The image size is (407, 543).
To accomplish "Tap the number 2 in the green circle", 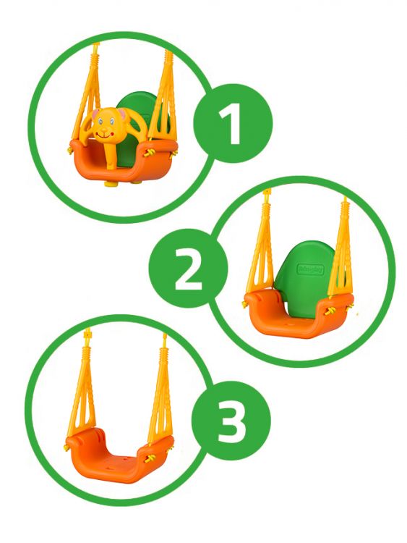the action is [x=189, y=269].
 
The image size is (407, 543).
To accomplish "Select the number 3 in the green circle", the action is [x=231, y=421].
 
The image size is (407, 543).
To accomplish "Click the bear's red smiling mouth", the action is [x=103, y=133].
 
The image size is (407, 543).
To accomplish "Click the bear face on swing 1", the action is [x=106, y=125].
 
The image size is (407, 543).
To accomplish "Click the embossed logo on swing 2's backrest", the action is [x=311, y=270].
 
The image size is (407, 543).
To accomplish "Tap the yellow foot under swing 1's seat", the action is [x=112, y=184].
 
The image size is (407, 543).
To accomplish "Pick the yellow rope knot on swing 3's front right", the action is [x=150, y=459].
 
